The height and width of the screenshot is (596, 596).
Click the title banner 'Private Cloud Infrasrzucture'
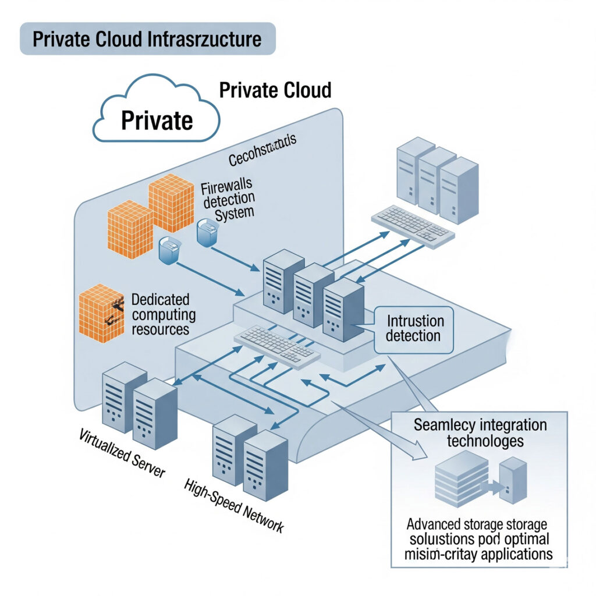pos(147,39)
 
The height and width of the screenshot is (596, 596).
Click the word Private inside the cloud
pos(157,120)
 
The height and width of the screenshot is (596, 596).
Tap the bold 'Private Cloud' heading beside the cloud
pos(275,90)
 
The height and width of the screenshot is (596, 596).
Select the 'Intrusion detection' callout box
pos(414,328)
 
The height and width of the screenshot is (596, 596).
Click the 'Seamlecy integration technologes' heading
pos(480,432)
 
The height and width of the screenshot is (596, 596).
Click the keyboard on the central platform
pos(274,343)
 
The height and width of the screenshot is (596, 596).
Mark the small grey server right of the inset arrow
pos(513,480)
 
